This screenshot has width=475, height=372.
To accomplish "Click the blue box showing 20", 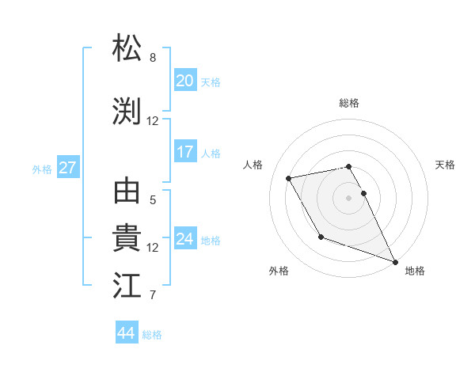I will tap(185, 81).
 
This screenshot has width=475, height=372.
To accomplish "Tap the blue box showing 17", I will tap(185, 152).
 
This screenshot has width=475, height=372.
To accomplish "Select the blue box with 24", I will tap(185, 239).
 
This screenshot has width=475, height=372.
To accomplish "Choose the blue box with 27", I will tap(67, 168).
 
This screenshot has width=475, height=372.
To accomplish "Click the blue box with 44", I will tap(127, 333).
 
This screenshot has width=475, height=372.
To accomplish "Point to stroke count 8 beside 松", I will tap(153, 58).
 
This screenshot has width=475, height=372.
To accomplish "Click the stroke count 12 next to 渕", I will tap(153, 121).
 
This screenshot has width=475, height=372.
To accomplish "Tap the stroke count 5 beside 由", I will tap(153, 200).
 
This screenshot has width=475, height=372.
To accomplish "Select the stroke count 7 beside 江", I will tap(153, 295).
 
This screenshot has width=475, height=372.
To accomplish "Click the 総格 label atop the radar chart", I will tap(349, 103).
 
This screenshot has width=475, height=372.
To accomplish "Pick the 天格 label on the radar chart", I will tap(445, 165).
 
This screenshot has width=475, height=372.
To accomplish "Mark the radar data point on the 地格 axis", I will tap(395, 261).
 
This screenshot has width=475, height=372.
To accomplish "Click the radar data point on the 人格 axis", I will tap(289, 177).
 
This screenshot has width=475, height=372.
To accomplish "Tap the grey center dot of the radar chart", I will tap(349, 197).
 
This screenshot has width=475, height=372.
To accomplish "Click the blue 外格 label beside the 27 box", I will tap(42, 169).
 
